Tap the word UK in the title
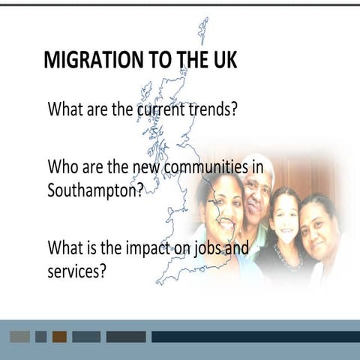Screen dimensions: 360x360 [221, 60]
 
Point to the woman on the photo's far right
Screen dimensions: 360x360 [318, 225]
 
